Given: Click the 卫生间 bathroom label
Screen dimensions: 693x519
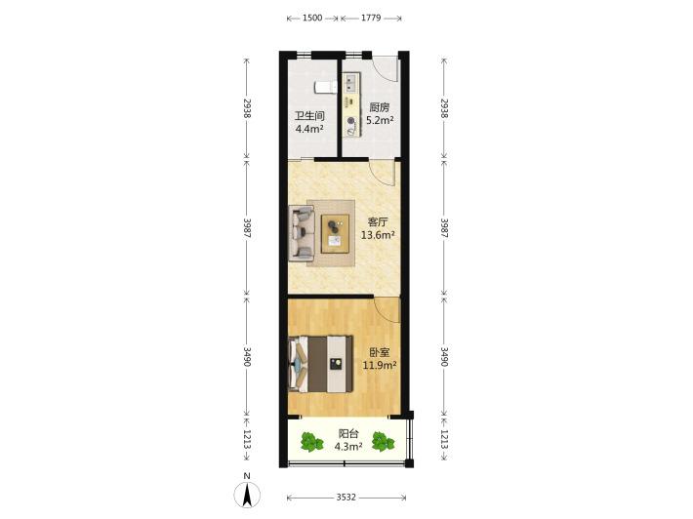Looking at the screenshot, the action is tap(309, 116).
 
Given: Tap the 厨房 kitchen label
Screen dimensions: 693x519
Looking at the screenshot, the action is tap(380, 107).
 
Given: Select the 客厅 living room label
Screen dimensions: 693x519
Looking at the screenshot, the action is tap(378, 222).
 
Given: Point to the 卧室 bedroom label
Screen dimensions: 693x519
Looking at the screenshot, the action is tap(380, 352).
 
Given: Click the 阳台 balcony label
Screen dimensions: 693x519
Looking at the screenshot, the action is tap(348, 434).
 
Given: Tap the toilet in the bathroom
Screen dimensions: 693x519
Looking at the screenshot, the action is tap(326, 88).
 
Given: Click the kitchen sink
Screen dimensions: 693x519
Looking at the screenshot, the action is tap(351, 83).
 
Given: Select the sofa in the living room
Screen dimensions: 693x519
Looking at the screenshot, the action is tap(302, 233).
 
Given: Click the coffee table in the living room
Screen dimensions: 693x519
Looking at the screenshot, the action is tap(335, 234).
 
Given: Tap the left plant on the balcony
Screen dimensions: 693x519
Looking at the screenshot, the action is tap(312, 442).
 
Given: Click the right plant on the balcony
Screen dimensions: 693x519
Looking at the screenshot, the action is tap(383, 441).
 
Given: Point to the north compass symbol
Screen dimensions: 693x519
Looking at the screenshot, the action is tap(247, 493).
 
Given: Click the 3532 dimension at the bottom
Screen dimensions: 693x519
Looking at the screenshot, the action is tap(346, 498).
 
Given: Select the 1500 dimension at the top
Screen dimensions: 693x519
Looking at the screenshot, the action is tap(312, 19).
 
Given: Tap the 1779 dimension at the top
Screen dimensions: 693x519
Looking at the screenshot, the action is tap(371, 19).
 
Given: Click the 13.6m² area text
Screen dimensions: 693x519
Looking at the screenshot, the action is tap(378, 235).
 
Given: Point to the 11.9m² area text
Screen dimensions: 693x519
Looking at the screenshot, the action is tap(380, 365).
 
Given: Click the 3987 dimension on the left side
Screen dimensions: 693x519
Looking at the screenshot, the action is tap(247, 228).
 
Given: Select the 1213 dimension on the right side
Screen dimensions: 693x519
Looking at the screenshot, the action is tap(445, 440).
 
